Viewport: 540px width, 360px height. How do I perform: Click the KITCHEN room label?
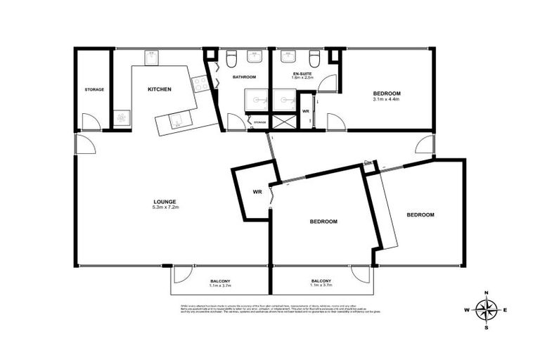pos(159,89)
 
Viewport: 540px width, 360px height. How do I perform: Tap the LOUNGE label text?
pos(167,201)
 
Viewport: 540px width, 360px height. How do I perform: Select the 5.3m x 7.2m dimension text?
pos(167,208)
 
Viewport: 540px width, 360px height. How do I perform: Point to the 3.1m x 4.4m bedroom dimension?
pos(386,100)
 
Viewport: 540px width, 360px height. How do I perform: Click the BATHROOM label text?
pos(245,77)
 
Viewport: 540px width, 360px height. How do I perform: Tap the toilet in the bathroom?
pos(231,56)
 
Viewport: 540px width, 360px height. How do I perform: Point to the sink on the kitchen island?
pos(176,121)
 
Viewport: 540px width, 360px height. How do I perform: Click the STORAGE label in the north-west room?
pos(94,89)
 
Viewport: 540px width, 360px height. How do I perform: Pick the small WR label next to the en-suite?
pos(306,111)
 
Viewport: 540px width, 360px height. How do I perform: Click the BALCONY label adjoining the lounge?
pos(219,281)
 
